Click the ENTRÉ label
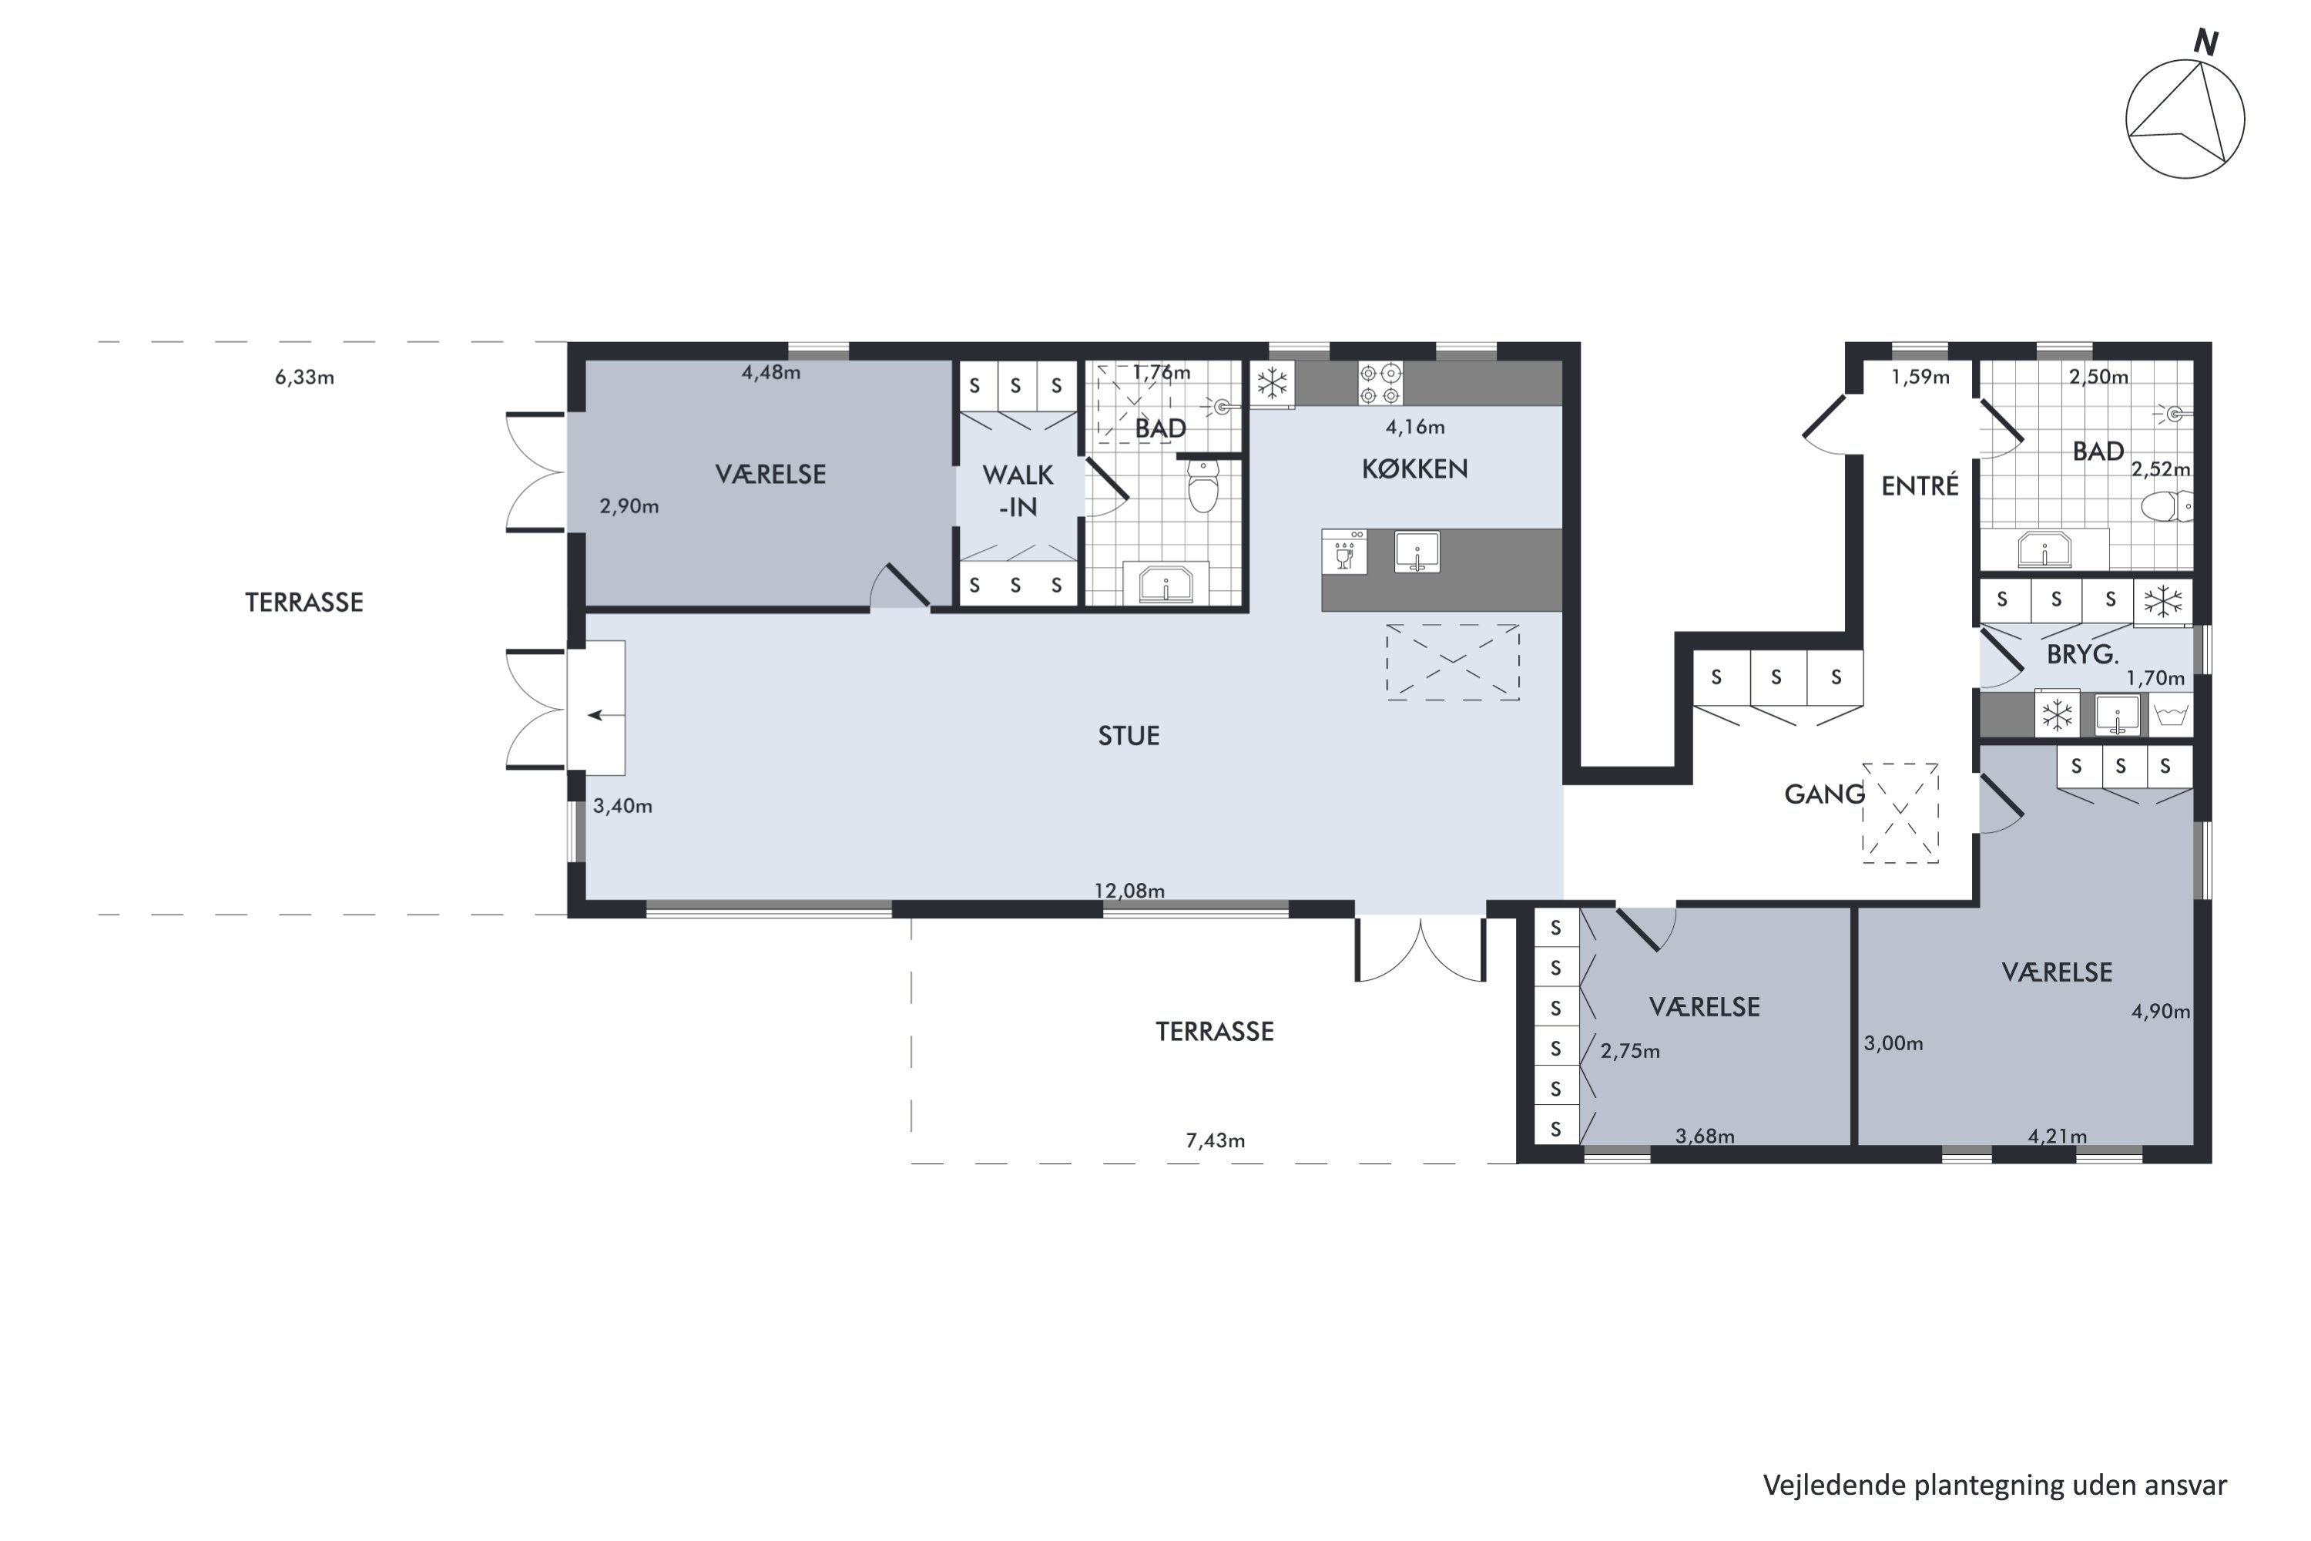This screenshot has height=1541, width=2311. pyautogui.click(x=1919, y=485)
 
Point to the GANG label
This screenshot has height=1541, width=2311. pyautogui.click(x=1823, y=794)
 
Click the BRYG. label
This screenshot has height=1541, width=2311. pyautogui.click(x=2082, y=654)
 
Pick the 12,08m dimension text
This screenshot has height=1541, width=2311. pyautogui.click(x=1129, y=891)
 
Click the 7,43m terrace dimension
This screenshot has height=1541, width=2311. pyautogui.click(x=1215, y=1140)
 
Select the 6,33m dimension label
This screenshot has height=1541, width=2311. pyautogui.click(x=304, y=378)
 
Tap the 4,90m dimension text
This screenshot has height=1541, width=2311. pyautogui.click(x=2161, y=1011)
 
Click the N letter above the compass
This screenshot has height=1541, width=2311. pyautogui.click(x=2206, y=42)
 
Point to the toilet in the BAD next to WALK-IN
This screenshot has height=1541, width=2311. pyautogui.click(x=1202, y=485)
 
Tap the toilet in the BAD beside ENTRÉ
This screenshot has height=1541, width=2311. pyautogui.click(x=2165, y=506)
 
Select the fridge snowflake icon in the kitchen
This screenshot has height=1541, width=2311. pyautogui.click(x=1273, y=383)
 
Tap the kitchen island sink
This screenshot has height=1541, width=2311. pyautogui.click(x=1416, y=552)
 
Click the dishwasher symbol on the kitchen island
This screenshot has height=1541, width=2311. pyautogui.click(x=1344, y=552)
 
